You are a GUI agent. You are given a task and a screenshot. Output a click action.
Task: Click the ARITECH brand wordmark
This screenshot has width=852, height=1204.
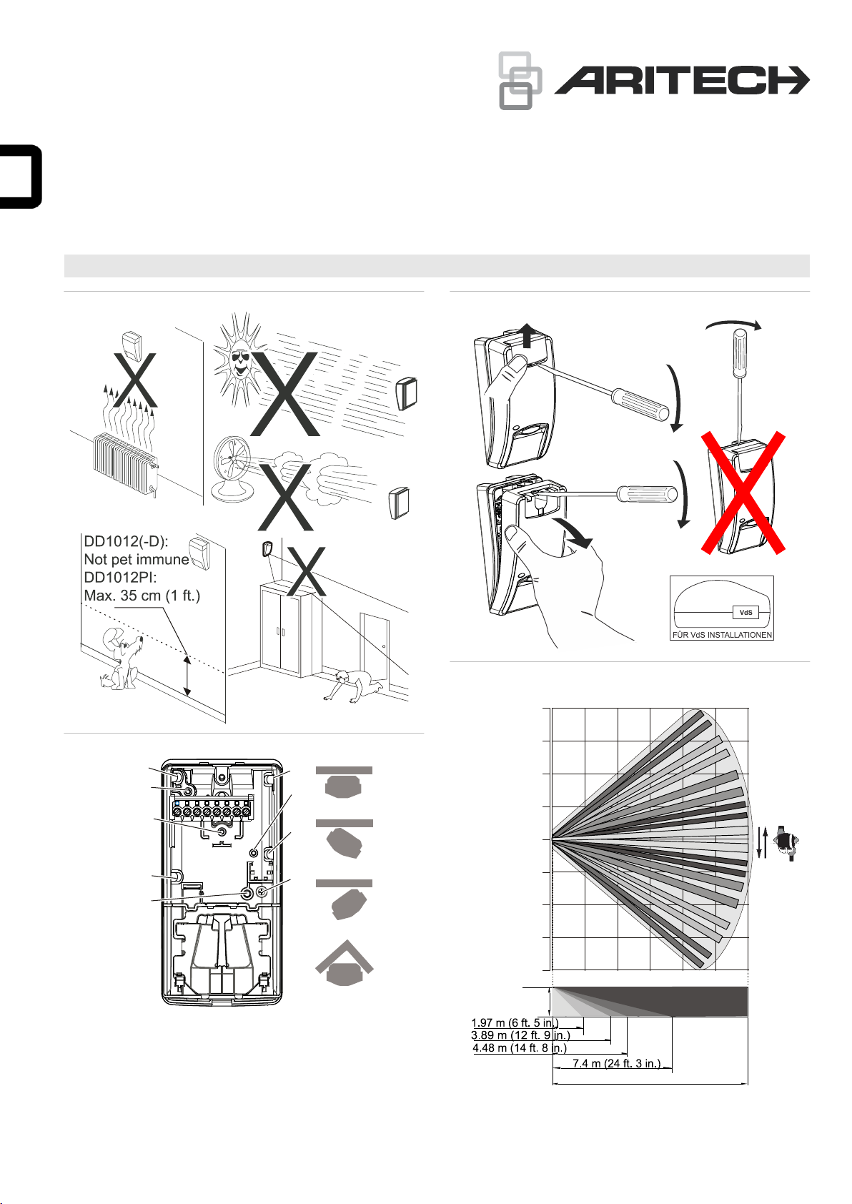[682, 81]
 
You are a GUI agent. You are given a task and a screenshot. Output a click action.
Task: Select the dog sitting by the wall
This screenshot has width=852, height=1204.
[122, 658]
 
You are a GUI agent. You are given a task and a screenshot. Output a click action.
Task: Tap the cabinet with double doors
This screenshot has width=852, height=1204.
[287, 630]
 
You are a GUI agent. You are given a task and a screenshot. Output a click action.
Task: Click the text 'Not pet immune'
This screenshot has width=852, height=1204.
[137, 560]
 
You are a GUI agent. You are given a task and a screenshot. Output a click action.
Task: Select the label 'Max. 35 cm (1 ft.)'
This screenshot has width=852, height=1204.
[142, 596]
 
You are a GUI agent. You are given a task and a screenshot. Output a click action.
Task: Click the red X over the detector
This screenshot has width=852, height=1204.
[743, 493]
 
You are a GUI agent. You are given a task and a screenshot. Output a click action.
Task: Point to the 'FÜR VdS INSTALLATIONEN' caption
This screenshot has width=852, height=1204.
[722, 635]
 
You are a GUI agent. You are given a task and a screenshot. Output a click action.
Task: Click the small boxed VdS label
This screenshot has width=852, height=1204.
[745, 612]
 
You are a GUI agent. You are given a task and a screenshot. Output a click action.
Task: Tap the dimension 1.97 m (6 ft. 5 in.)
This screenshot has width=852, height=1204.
[515, 1022]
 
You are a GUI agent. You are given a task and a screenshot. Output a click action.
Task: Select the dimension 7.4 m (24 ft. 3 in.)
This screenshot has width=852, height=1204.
[616, 1063]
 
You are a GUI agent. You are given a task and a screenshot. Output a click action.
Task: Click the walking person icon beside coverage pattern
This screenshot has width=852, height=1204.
[786, 843]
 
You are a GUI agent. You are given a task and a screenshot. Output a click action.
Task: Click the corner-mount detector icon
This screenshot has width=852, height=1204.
[345, 963]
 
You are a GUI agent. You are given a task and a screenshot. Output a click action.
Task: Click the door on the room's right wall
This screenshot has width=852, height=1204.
[375, 651]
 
